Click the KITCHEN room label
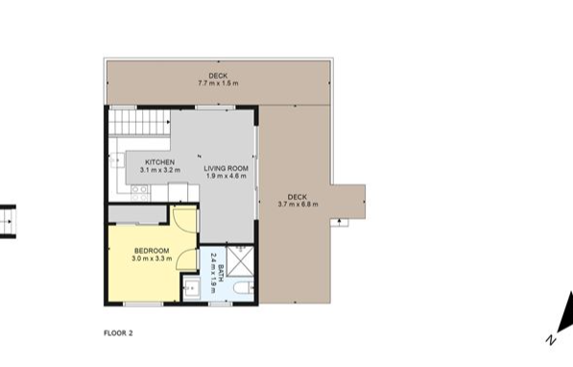(159, 162)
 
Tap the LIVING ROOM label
(226, 169)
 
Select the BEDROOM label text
(152, 251)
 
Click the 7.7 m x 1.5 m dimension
(218, 83)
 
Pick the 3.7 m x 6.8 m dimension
(298, 205)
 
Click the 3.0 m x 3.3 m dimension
(152, 258)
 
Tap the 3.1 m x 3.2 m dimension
(159, 170)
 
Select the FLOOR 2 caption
(118, 333)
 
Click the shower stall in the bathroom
(240, 261)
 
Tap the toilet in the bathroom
(244, 289)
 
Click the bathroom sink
(192, 288)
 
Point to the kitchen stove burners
(140, 193)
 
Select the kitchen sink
(117, 159)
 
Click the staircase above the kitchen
(139, 122)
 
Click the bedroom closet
(137, 214)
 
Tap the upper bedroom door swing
(185, 219)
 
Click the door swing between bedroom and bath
(187, 259)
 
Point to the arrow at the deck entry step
(340, 221)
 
